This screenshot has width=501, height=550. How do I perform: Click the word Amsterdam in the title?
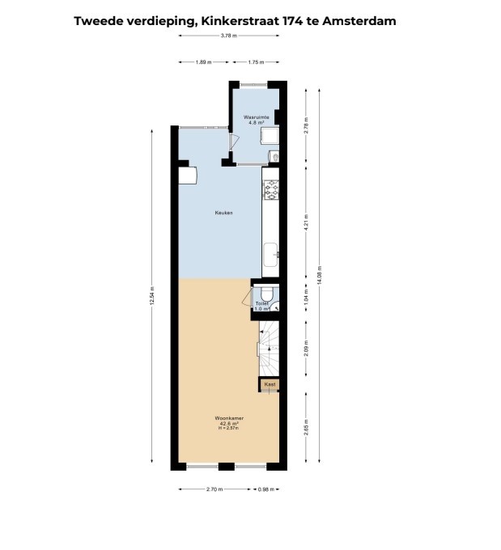pyautogui.click(x=359, y=21)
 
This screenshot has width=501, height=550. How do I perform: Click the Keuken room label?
pyautogui.click(x=223, y=213)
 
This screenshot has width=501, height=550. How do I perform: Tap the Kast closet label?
pyautogui.click(x=270, y=384)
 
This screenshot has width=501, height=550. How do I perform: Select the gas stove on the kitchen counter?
pyautogui.click(x=270, y=190)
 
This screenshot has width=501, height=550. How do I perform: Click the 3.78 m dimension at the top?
pyautogui.click(x=229, y=46)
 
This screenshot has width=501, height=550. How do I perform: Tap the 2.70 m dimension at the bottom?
pyautogui.click(x=214, y=489)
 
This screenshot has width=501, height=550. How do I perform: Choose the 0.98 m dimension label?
pyautogui.click(x=265, y=489)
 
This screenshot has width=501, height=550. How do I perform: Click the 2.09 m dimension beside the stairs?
pyautogui.click(x=306, y=348)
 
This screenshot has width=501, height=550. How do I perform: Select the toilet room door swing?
pyautogui.click(x=248, y=297)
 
